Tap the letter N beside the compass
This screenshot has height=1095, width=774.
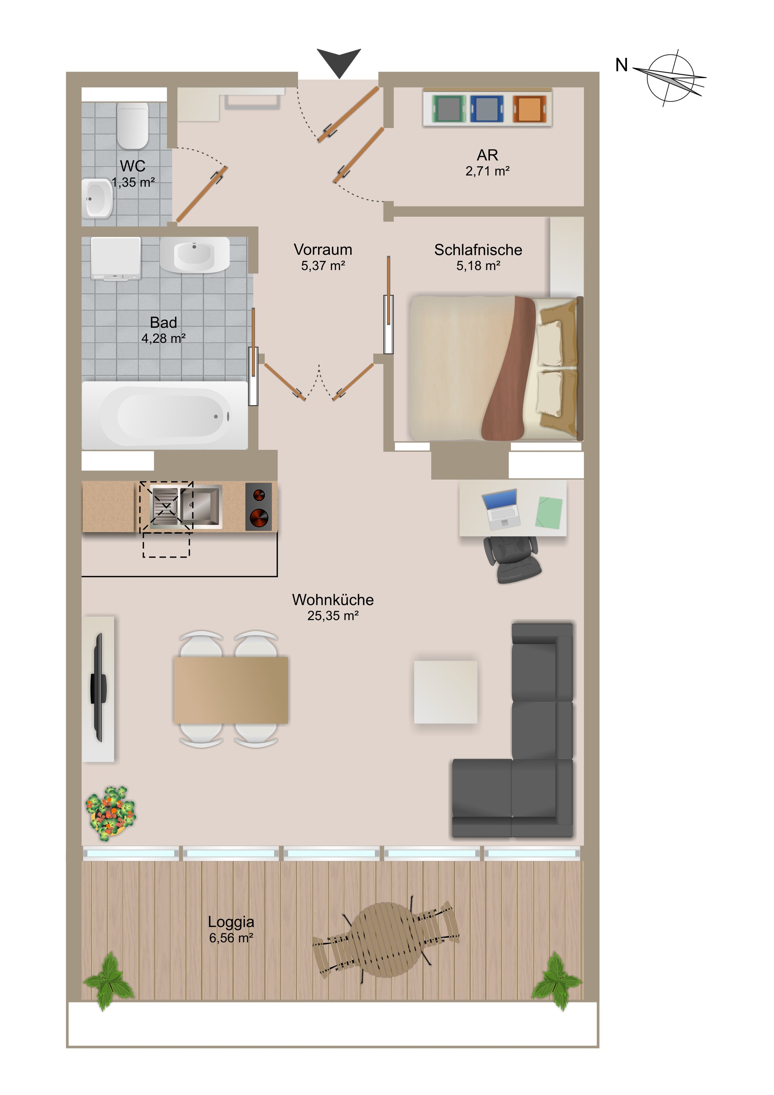[x=621, y=65]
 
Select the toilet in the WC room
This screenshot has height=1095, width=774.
[x=133, y=126]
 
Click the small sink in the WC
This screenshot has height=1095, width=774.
[x=98, y=197]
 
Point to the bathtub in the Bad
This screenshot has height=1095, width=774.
[x=165, y=415]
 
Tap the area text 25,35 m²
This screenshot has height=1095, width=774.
[x=333, y=616]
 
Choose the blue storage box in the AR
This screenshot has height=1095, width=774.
[x=487, y=109]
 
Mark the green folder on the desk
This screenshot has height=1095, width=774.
[x=549, y=512]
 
